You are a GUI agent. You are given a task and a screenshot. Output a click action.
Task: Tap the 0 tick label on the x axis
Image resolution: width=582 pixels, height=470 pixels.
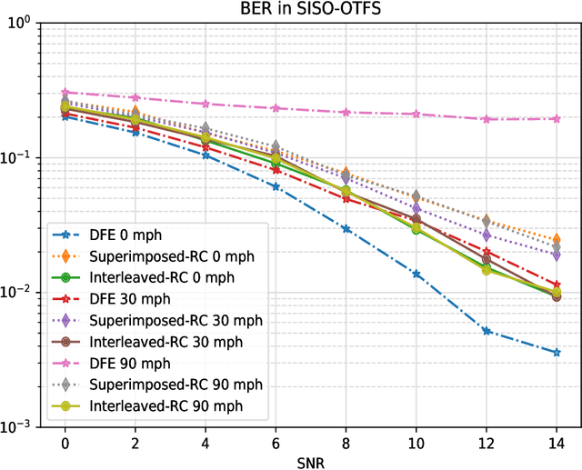(x=65, y=442)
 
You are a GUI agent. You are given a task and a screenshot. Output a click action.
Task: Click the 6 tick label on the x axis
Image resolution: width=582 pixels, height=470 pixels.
(x=276, y=442)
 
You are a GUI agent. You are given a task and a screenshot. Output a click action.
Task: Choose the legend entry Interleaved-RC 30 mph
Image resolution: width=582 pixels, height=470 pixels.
(x=165, y=342)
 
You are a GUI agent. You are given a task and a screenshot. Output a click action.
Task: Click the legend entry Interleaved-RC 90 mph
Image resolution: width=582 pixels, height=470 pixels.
(x=165, y=405)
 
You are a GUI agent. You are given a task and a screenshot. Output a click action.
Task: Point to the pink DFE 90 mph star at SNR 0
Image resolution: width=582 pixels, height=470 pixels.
(x=65, y=93)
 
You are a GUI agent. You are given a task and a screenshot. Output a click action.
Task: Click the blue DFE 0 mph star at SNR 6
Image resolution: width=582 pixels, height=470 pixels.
(x=276, y=186)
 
